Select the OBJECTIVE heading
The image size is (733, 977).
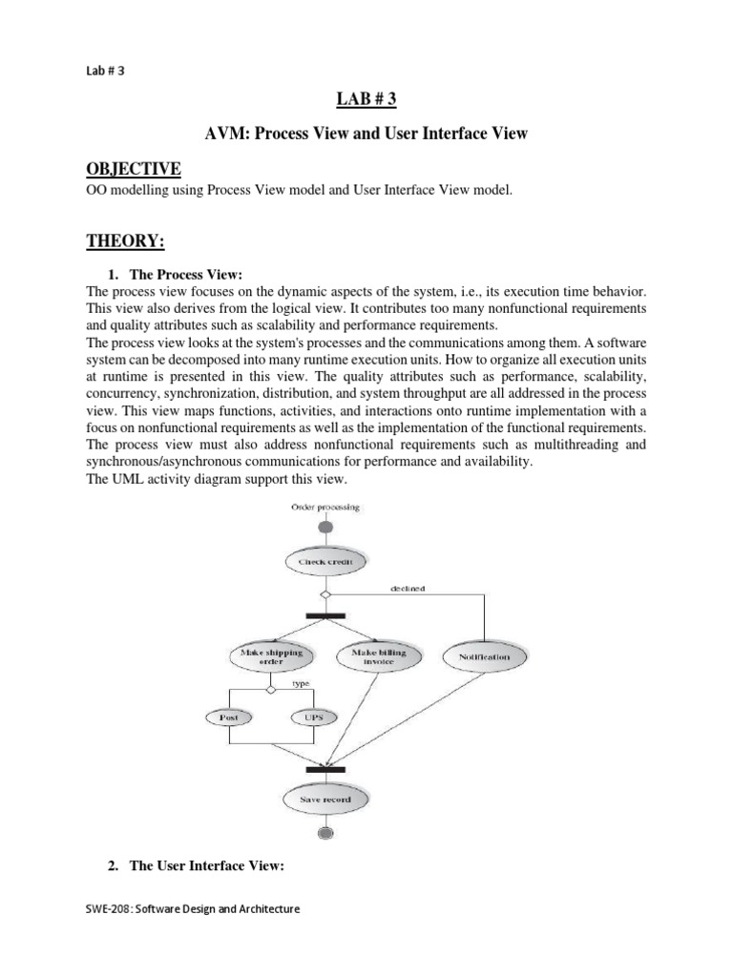134,169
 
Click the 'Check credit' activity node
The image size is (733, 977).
325,562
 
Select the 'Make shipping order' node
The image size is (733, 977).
271,656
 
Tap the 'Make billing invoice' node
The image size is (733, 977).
378,656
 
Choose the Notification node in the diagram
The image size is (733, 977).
484,656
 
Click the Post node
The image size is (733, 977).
230,716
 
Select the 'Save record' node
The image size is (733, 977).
325,799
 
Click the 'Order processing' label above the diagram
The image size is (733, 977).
325,507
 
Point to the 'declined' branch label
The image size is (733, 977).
407,588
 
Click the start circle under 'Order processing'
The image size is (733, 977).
325,527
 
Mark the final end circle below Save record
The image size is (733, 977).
325,833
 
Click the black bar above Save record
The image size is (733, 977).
325,768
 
